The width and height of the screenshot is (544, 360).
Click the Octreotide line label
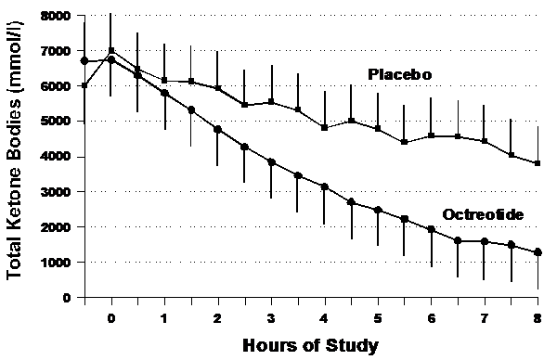[479, 214]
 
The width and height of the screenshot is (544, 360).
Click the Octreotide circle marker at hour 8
[538, 252]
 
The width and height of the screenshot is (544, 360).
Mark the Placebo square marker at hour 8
[538, 163]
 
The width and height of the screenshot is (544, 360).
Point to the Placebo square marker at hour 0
[111, 51]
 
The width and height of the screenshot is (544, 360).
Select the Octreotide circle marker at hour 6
[432, 229]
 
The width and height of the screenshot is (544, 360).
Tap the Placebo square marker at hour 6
[432, 135]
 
